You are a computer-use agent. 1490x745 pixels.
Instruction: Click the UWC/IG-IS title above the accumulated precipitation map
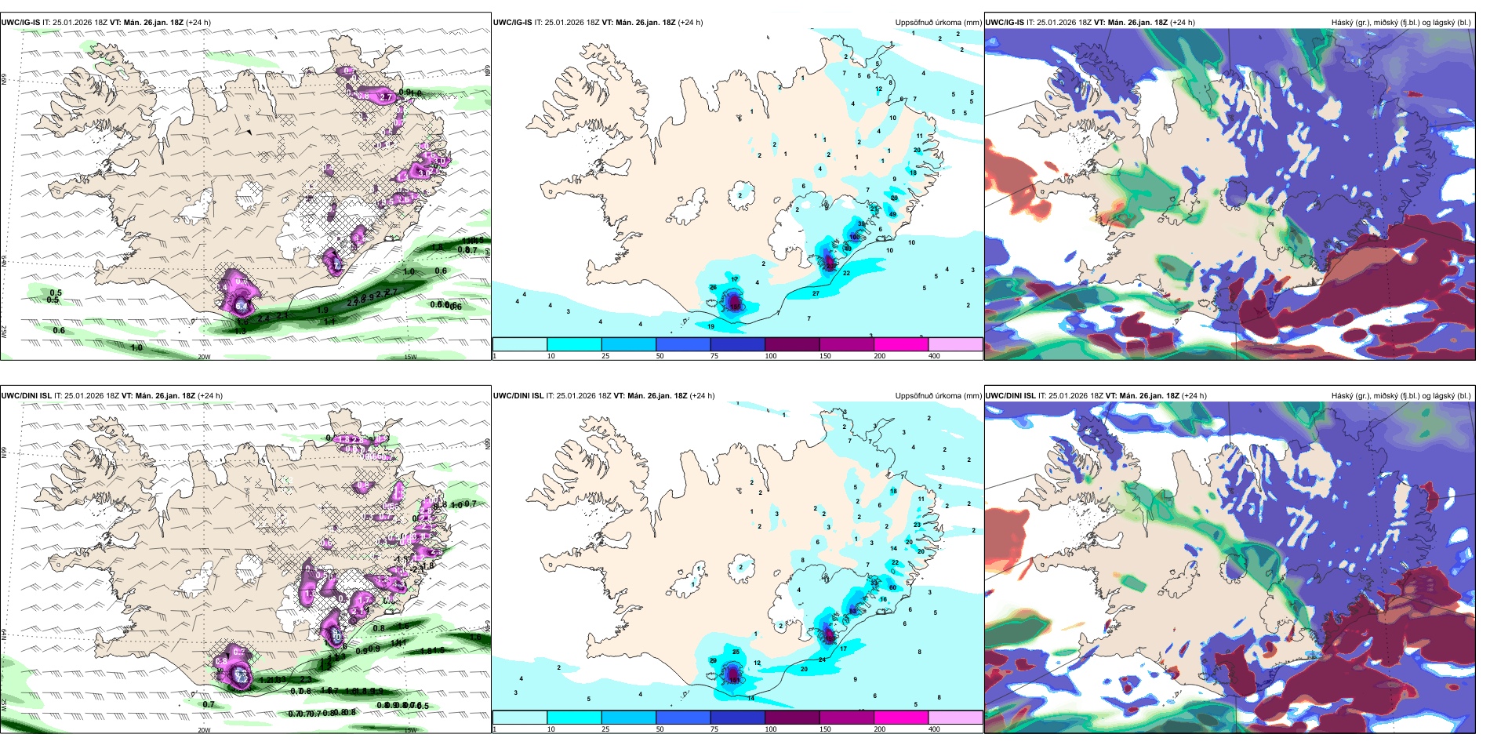coord(512,23)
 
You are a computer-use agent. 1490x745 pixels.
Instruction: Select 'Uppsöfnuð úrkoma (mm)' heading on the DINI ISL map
coord(938,396)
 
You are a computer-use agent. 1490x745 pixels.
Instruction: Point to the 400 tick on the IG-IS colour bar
coord(934,356)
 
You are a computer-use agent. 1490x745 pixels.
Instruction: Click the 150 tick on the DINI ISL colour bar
coord(825,729)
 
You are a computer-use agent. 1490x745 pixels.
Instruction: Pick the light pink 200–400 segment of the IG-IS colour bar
coord(955,344)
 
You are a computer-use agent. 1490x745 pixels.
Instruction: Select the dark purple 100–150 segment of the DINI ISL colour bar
coord(792,718)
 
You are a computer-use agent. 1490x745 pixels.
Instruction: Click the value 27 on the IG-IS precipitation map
coord(816,294)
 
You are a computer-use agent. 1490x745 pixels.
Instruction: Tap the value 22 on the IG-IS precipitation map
coord(846,274)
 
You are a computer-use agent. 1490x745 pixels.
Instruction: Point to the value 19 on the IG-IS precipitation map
coord(711,327)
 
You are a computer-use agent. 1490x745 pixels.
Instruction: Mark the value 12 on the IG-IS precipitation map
coord(879,89)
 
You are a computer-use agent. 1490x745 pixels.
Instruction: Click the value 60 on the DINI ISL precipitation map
coord(892,587)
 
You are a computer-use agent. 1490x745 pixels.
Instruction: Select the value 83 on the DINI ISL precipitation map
coord(852,611)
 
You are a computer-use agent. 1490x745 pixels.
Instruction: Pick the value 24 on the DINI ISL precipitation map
coord(822,660)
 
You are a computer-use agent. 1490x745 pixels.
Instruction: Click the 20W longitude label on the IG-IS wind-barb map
coord(204,357)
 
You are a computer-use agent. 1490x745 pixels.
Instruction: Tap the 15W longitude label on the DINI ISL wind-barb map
coord(410,730)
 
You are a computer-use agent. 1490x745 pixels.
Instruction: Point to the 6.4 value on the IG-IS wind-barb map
coord(244,306)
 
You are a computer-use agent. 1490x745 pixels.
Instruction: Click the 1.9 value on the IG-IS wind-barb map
coord(322,311)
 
